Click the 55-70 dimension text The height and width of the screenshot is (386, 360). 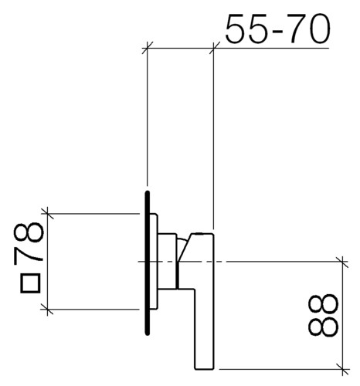click(277, 29)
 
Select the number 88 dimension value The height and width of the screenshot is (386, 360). click(323, 315)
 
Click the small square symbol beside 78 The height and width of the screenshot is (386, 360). click(30, 283)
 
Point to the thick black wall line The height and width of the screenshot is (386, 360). click(148, 263)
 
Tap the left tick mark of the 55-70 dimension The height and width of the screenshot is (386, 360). click(148, 48)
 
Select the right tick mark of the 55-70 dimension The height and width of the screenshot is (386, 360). click(214, 48)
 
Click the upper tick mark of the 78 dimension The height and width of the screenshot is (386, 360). click(48, 213)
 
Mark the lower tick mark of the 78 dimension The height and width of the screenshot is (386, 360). click(48, 309)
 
